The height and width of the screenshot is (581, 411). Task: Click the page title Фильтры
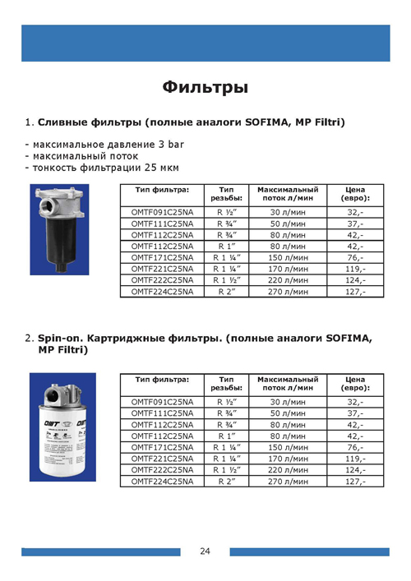coord(205,87)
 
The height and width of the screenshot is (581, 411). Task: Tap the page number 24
coord(205,551)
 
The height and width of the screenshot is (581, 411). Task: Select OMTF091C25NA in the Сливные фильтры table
coord(162,212)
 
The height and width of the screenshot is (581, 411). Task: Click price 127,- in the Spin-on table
coord(356,481)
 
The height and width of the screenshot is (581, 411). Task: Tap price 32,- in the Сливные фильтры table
coord(356,212)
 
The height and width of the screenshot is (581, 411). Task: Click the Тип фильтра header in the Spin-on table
coord(162,379)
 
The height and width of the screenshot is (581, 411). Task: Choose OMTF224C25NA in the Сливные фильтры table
coord(162,292)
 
